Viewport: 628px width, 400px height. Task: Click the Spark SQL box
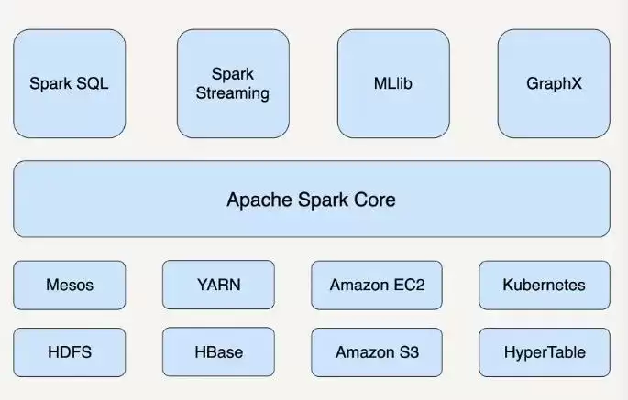tap(70, 83)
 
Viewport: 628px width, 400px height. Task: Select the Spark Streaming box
tap(233, 83)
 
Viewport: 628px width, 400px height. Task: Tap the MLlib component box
tap(393, 83)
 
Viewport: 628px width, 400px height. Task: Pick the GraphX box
tap(554, 83)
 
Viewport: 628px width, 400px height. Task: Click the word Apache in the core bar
tap(260, 200)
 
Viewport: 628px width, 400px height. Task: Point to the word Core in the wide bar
tap(374, 200)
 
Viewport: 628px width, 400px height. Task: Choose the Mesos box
tap(70, 286)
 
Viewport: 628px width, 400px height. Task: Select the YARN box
tap(219, 285)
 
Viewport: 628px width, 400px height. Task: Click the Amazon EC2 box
tap(377, 286)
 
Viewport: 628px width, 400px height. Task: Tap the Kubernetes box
tap(545, 286)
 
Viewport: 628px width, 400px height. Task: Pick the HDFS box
tap(70, 352)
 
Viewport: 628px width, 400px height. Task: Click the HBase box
tap(219, 352)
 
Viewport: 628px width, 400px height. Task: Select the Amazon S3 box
tap(377, 352)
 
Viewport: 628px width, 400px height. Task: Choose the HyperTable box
tap(545, 352)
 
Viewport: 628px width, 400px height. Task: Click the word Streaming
tap(233, 93)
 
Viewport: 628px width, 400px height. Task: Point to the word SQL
tap(93, 83)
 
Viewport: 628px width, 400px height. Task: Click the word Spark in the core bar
tap(324, 200)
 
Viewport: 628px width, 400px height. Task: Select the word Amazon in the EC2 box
tap(359, 285)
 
